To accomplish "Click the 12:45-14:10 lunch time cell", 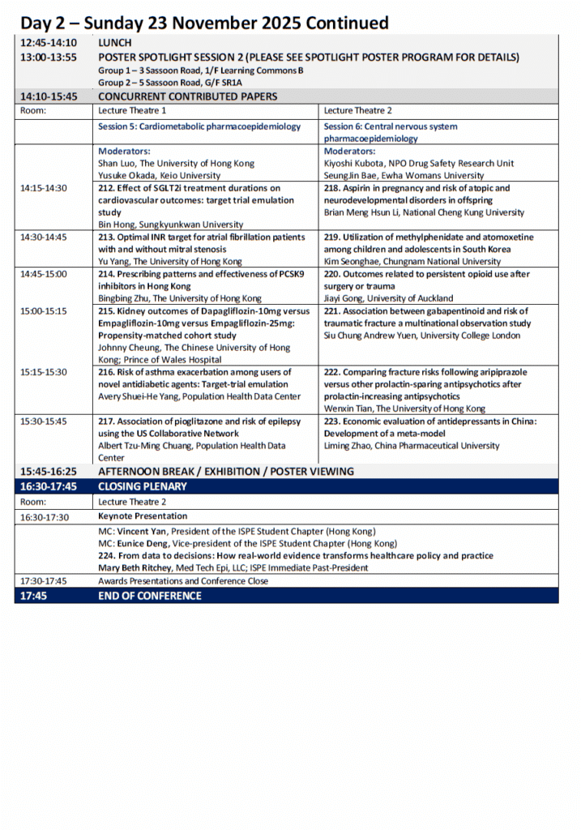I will coord(49,42).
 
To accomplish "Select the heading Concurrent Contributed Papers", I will coord(188,96).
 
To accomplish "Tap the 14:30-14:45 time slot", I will coord(44,237).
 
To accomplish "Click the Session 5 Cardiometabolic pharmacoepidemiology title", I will coord(199,126).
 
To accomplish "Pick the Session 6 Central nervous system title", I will coord(391,126).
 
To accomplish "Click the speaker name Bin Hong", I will coord(117,225).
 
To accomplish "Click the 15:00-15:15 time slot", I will coord(44,311).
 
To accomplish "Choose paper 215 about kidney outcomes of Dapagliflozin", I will coord(203,311).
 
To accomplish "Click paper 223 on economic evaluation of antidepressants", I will coord(429,421).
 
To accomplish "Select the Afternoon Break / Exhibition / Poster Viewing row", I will coord(226,471).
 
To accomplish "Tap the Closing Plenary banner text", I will coord(143,486).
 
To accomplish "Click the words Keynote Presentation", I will coord(143,516).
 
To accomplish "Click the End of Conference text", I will coord(150,596).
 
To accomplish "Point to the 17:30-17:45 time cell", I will coord(44,581).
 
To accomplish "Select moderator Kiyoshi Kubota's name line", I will coord(419,163).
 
